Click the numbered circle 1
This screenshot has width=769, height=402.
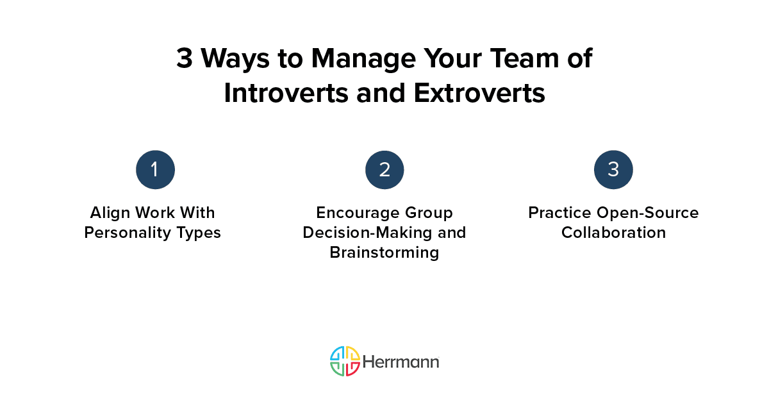pos(155,170)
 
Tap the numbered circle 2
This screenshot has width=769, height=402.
pos(384,170)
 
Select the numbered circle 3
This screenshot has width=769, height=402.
pos(613,170)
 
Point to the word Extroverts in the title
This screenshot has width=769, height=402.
pos(479,93)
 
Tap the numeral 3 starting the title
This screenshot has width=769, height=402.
pos(184,59)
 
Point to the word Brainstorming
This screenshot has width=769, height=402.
pos(384,252)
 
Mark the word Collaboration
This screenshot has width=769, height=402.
pos(613,232)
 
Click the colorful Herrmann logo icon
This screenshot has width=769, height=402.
pos(345,361)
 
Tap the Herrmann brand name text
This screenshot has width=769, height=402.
pos(401,362)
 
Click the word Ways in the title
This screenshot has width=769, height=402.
pos(235,59)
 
